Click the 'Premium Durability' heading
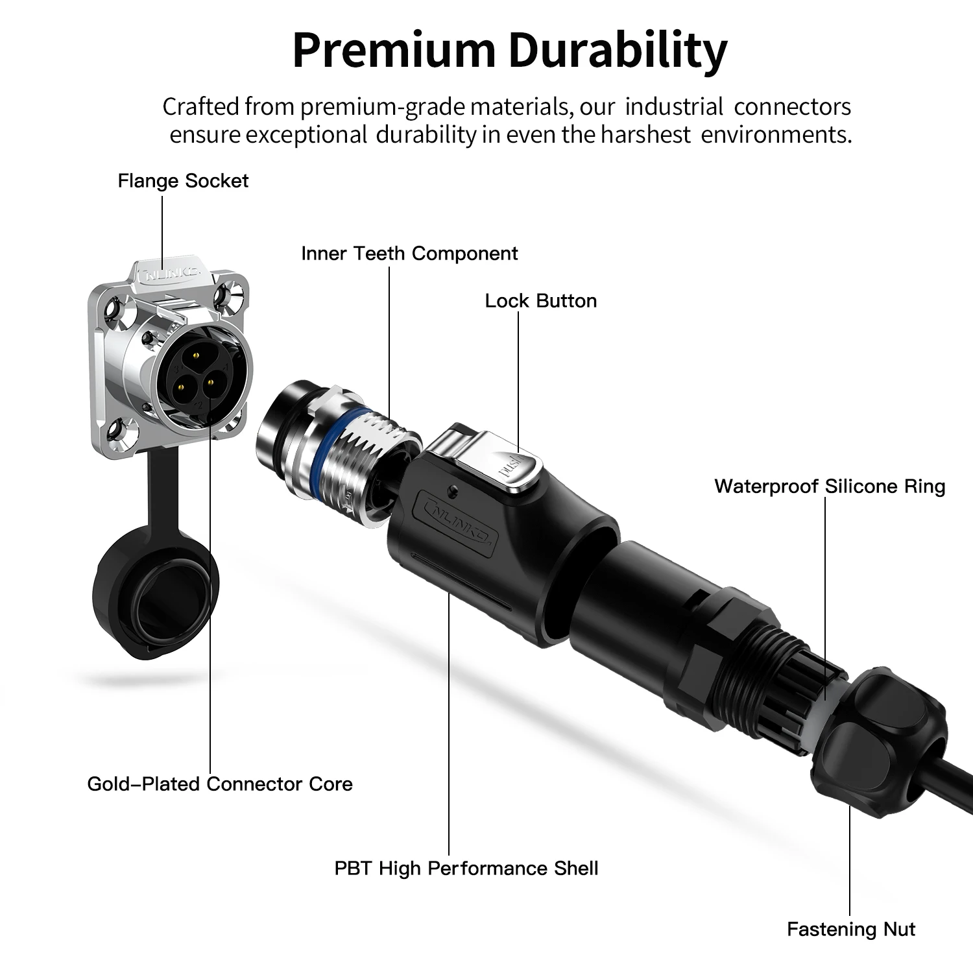(x=510, y=51)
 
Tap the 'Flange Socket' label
(x=183, y=181)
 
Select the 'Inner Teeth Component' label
(x=409, y=254)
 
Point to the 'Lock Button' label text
(x=541, y=301)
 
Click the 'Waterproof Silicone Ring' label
(x=830, y=486)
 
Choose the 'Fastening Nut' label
(x=851, y=930)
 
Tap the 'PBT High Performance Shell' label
(x=466, y=869)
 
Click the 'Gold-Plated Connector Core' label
(x=220, y=784)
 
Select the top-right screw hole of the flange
(x=227, y=294)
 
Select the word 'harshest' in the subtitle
(x=645, y=135)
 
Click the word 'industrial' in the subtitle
(x=674, y=106)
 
